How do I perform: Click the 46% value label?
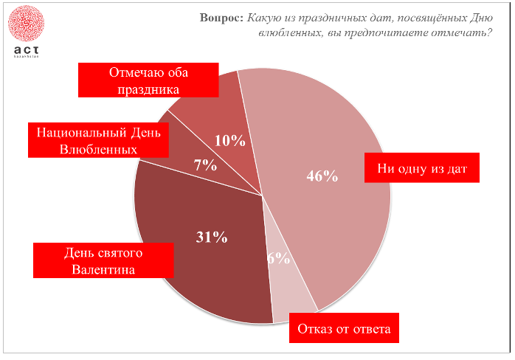click(322, 176)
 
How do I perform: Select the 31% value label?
click(212, 237)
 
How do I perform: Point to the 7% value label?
click(205, 165)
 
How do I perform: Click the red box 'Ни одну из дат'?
click(423, 168)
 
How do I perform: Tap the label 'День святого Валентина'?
click(103, 261)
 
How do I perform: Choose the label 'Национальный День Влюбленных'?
click(98, 139)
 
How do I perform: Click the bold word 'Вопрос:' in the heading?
click(221, 18)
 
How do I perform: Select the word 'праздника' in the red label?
click(148, 89)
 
